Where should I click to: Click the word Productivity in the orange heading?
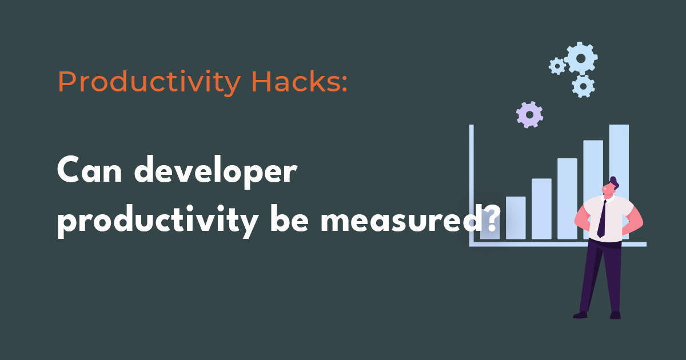click(x=149, y=83)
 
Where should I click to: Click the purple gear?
click(x=529, y=114)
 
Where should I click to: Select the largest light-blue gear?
click(x=581, y=58)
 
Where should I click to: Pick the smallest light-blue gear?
click(x=557, y=66)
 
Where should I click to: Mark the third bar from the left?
click(x=541, y=208)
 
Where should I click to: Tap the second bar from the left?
click(x=516, y=217)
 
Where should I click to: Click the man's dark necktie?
click(x=602, y=219)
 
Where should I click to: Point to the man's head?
click(x=611, y=187)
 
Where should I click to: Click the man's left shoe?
click(x=581, y=314)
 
